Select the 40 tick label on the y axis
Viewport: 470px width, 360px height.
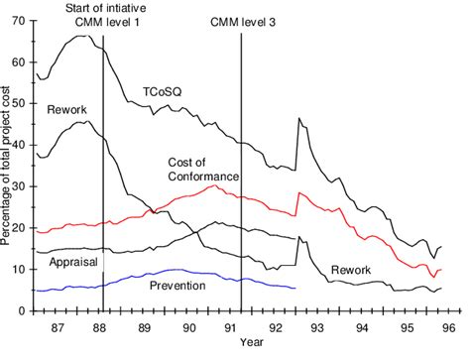pos(21,145)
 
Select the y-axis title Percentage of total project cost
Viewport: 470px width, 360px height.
pos(8,164)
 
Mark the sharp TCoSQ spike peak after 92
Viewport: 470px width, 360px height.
pos(298,119)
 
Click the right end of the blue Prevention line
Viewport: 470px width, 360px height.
pos(295,289)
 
